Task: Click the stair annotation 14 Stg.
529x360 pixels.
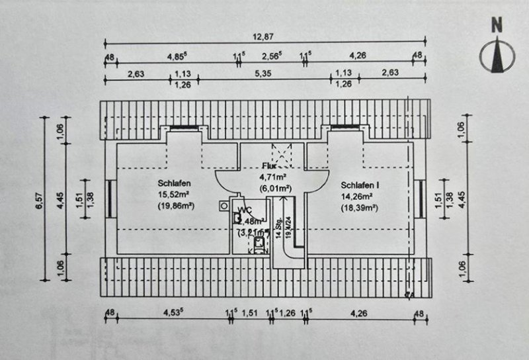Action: (280, 232)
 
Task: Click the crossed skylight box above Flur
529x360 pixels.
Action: (283, 157)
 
